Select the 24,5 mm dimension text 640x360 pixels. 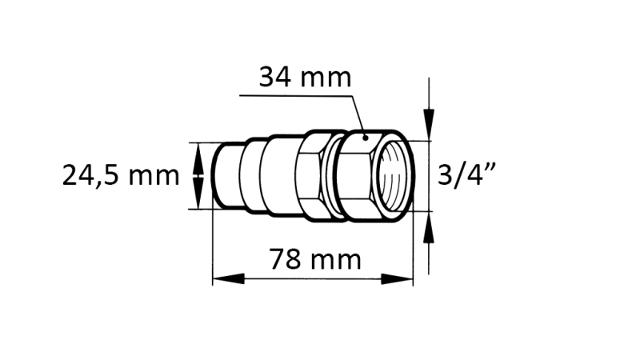click(122, 175)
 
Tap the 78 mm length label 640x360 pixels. click(314, 260)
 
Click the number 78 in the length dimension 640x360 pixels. click(286, 260)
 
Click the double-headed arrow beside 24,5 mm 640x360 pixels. click(198, 176)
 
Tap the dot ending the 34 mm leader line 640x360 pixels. click(364, 137)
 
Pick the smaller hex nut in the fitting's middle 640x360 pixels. click(309, 174)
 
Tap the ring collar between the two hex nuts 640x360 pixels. click(332, 174)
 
